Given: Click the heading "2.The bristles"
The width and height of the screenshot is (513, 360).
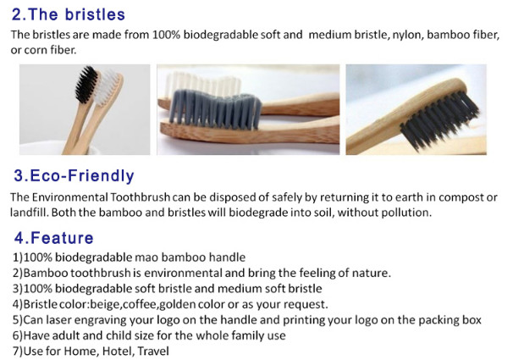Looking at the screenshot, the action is (69, 14).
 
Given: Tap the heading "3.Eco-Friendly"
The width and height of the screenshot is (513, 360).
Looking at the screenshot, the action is (74, 175).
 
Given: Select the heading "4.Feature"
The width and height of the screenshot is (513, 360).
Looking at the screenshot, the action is (54, 238).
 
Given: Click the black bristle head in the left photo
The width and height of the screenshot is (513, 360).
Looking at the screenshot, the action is (86, 84).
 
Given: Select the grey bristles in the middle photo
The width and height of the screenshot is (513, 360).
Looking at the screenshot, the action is (215, 109).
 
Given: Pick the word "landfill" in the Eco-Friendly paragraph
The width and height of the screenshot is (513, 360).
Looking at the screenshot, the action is (29, 213).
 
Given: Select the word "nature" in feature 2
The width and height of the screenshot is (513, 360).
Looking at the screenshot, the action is (371, 273).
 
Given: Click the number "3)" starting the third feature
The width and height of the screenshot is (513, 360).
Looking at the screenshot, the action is (18, 289).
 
